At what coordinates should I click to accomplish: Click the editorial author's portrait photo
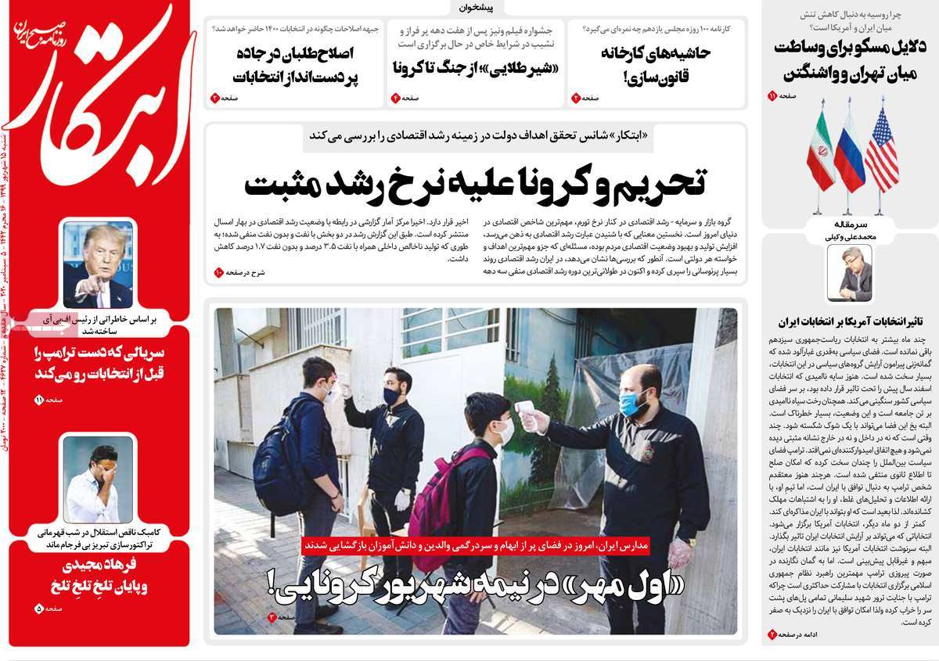tap(849, 275)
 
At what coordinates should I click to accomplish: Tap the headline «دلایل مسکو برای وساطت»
tap(849, 59)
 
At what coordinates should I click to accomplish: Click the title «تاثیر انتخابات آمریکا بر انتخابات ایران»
tap(849, 321)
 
